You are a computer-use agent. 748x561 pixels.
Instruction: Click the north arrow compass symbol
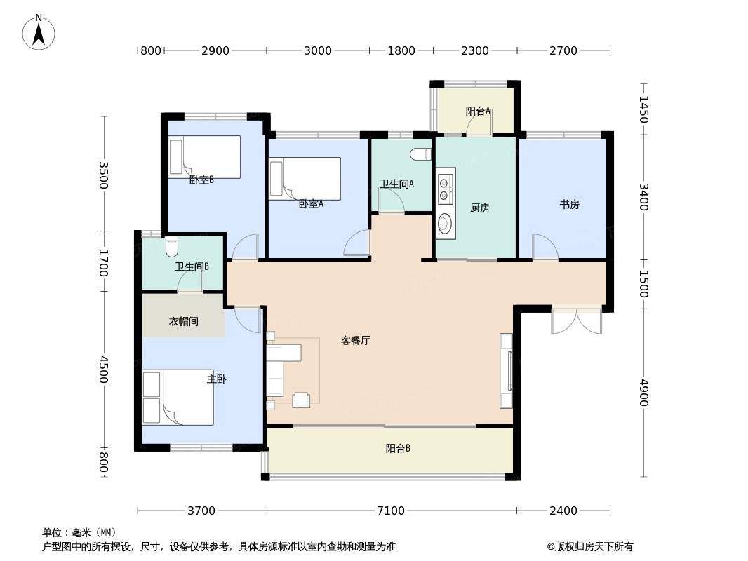coord(39,32)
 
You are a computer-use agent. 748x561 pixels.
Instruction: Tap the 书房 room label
coord(570,205)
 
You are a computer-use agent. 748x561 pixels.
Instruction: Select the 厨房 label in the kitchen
coord(479,208)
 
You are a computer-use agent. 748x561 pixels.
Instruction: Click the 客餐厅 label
coord(355,340)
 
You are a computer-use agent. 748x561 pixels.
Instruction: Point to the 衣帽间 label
coord(184,322)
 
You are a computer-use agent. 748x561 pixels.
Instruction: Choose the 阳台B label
coord(398,449)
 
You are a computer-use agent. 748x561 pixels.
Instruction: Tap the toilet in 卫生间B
coord(171,246)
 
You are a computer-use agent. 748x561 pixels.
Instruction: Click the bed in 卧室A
coord(305,179)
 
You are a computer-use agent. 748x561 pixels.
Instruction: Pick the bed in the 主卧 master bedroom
coord(178,398)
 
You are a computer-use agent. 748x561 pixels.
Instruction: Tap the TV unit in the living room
coord(506,371)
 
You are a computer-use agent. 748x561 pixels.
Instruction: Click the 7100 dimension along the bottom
coord(391,511)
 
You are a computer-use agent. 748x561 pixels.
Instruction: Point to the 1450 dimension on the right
coord(644,109)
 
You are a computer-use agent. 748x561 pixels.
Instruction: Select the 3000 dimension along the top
coord(318,50)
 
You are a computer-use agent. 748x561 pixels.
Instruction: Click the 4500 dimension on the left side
coord(104,370)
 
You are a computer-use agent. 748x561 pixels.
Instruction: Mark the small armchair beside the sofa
coord(301,400)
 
